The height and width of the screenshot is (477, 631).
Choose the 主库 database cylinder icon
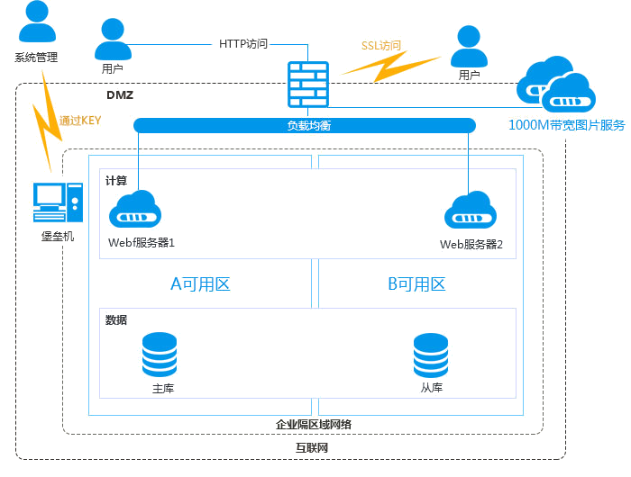pyautogui.click(x=160, y=355)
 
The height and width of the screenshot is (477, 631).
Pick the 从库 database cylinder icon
pyautogui.click(x=431, y=355)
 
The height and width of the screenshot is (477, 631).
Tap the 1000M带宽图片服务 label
pyautogui.click(x=566, y=125)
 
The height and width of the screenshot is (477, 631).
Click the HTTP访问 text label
pyautogui.click(x=243, y=43)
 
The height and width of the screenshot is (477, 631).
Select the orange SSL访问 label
pyautogui.click(x=381, y=46)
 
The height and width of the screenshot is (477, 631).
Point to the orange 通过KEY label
pyautogui.click(x=80, y=121)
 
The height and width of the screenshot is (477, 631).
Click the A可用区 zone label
pyautogui.click(x=200, y=284)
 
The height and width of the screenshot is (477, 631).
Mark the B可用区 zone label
pyautogui.click(x=416, y=284)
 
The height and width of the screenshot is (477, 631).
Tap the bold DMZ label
pyautogui.click(x=120, y=95)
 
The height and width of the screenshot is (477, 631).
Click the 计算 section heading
pyautogui.click(x=116, y=180)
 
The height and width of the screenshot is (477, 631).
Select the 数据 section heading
pyautogui.click(x=116, y=319)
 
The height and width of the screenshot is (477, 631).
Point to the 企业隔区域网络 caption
pyautogui.click(x=314, y=424)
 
